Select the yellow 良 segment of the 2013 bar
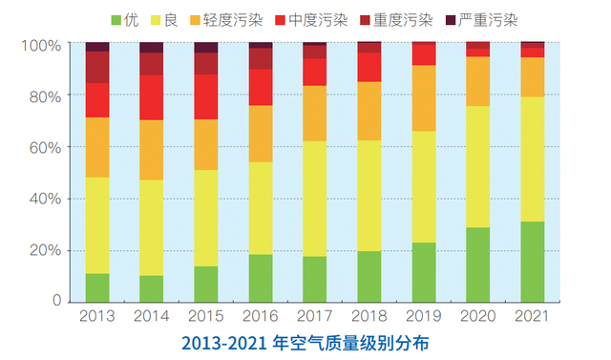click(97, 225)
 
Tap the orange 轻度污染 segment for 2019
click(424, 98)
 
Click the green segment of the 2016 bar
click(261, 277)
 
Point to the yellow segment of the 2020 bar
click(478, 166)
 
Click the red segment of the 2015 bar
click(206, 96)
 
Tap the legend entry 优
click(126, 18)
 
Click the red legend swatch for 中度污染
click(282, 18)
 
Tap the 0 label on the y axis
click(56, 301)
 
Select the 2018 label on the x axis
click(369, 315)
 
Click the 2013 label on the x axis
click(97, 315)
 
